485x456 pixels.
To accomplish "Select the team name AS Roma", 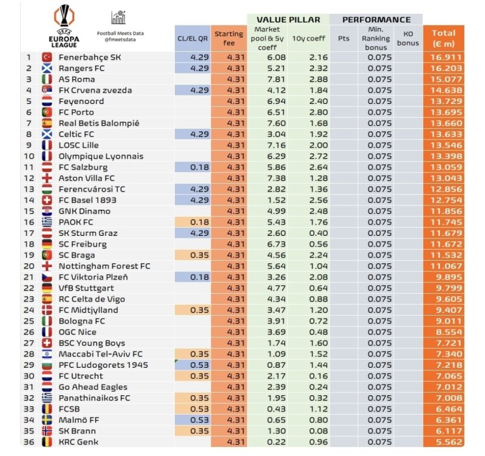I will (x=77, y=80).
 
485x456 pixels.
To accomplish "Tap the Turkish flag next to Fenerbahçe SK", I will (x=46, y=58).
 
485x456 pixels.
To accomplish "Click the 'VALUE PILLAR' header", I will (x=288, y=19).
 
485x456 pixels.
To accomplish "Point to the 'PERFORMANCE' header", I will (x=376, y=19).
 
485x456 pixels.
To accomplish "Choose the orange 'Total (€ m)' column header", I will (x=444, y=38).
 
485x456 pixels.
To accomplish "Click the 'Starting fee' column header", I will (x=229, y=38).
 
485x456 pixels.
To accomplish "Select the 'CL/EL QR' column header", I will (x=192, y=38).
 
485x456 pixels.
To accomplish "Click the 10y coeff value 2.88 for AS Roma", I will (x=310, y=80).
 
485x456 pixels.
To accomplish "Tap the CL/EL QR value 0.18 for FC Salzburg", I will (x=192, y=167).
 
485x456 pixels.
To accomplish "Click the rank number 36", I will (x=29, y=442).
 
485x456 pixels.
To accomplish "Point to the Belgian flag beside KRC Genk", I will (x=46, y=442).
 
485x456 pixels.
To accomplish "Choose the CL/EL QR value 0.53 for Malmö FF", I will (x=192, y=420).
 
